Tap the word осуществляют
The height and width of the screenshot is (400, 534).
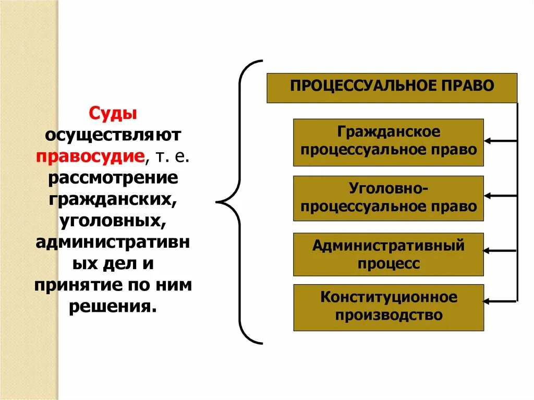[x=113, y=135]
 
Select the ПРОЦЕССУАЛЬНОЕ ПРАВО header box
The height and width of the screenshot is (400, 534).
[x=392, y=88]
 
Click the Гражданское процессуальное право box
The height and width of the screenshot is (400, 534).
[x=388, y=142]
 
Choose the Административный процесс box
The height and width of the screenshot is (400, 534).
[x=388, y=254]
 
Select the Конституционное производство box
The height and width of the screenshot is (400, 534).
[x=388, y=307]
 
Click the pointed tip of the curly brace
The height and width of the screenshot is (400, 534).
[x=217, y=201]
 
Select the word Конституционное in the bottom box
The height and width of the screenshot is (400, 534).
[x=389, y=298]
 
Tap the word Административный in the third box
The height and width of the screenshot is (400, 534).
[x=388, y=245]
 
